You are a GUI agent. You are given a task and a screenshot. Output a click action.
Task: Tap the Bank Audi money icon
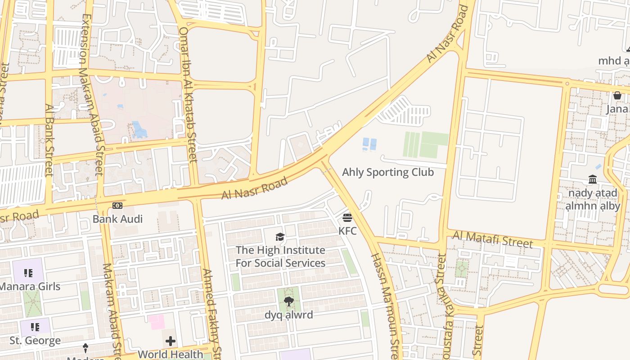pyautogui.click(x=117, y=206)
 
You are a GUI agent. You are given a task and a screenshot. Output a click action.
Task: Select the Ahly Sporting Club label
pyautogui.click(x=388, y=172)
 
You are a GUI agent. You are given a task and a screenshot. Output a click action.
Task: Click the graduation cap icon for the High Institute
pyautogui.click(x=280, y=237)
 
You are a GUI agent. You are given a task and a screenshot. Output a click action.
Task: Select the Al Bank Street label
pyautogui.click(x=49, y=140)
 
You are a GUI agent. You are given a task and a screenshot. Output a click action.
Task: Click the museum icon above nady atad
pyautogui.click(x=593, y=180)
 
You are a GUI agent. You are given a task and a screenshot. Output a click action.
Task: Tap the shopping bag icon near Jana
pyautogui.click(x=617, y=95)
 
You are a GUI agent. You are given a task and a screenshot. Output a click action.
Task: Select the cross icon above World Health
pyautogui.click(x=171, y=341)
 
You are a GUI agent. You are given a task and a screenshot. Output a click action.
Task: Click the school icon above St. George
pyautogui.click(x=35, y=327)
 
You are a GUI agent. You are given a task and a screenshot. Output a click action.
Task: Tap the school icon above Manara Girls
pyautogui.click(x=28, y=273)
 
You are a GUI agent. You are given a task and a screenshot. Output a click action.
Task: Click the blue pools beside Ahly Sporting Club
pyautogui.click(x=369, y=144)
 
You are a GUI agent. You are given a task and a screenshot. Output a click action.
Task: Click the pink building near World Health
pyautogui.click(x=157, y=322)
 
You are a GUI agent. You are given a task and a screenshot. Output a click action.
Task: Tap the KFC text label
pyautogui.click(x=347, y=231)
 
